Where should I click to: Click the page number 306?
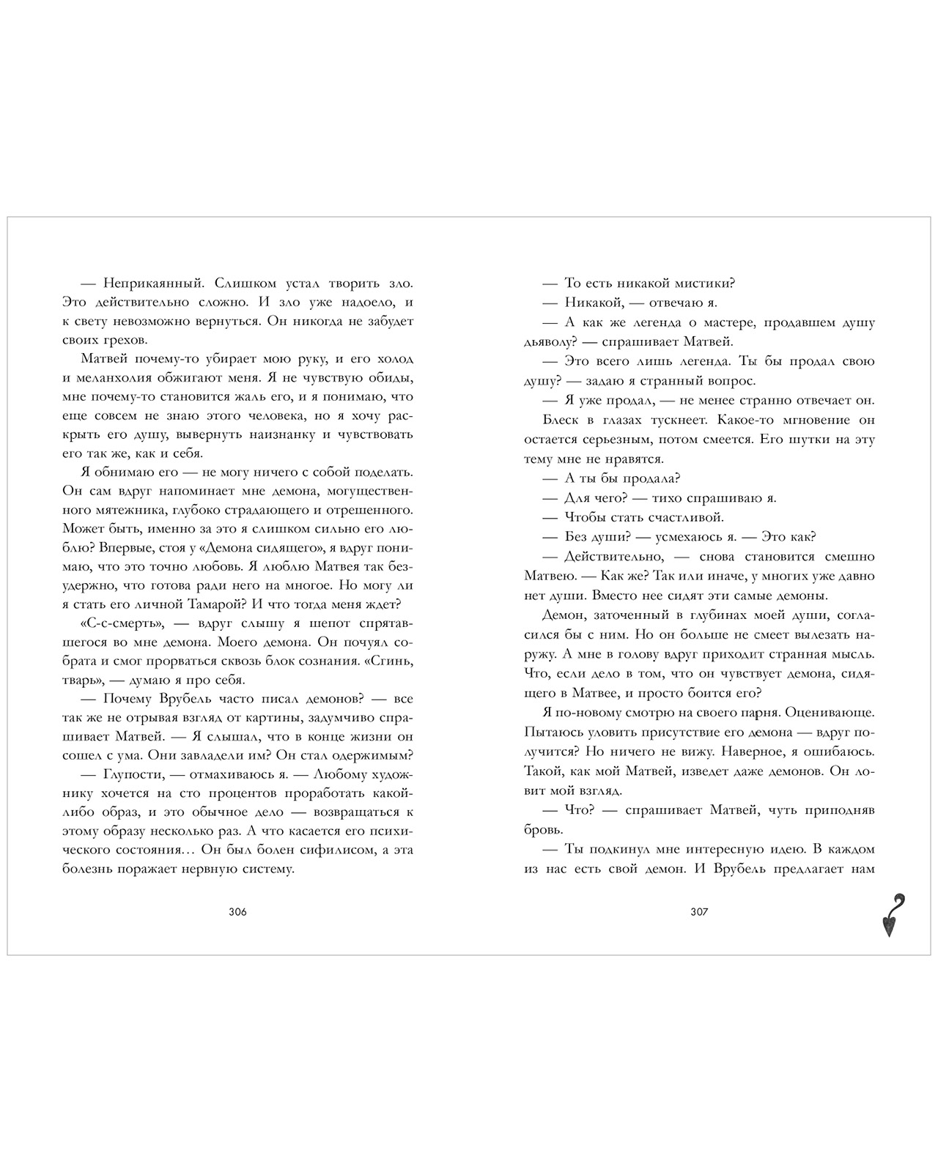point(237,912)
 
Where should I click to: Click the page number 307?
point(699,912)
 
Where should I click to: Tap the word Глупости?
point(133,774)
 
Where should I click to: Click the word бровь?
point(543,830)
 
